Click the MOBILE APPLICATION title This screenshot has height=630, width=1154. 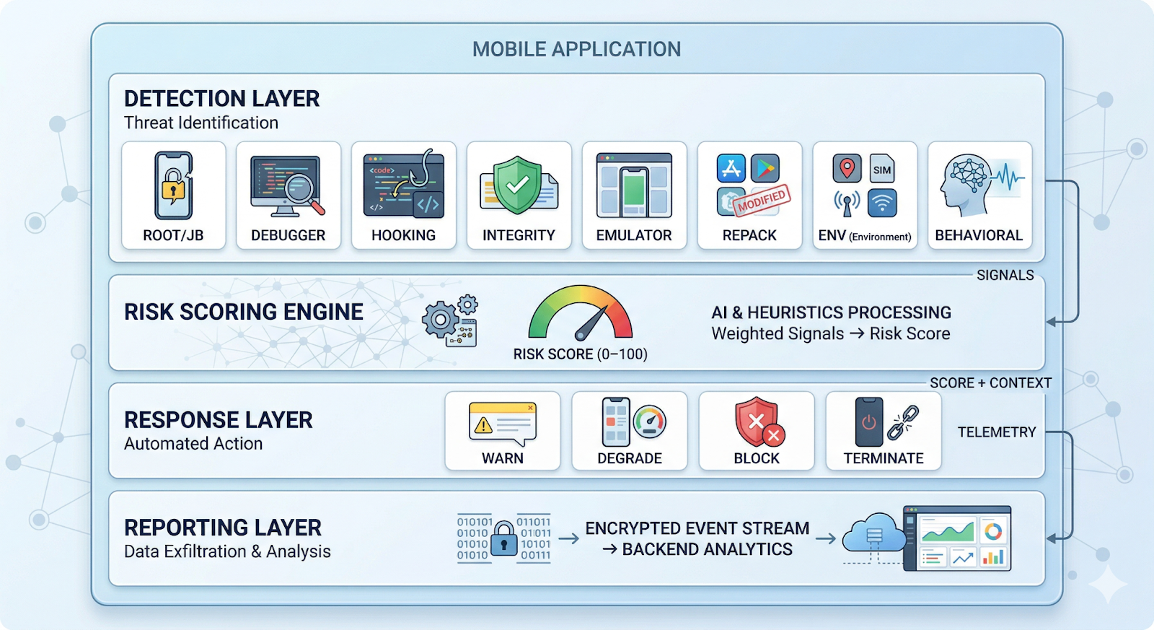tap(576, 49)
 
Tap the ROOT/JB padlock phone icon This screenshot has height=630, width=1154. tap(173, 185)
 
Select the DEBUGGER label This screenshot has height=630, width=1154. tap(288, 235)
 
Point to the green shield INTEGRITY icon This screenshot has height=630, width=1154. tap(517, 185)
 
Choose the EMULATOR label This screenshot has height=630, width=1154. tap(633, 235)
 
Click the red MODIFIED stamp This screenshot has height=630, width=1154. tap(762, 201)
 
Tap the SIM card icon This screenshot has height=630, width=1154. tap(881, 169)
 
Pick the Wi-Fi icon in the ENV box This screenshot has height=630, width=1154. tap(881, 203)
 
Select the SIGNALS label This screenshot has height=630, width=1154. tap(1005, 275)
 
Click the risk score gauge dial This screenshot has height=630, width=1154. tap(581, 315)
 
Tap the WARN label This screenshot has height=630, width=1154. tap(502, 458)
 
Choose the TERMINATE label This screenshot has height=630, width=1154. tap(883, 458)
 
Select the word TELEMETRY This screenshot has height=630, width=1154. tap(996, 432)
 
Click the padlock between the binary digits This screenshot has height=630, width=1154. tap(503, 538)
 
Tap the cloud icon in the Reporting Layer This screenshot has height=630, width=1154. tap(873, 535)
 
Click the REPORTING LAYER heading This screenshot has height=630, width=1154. tap(222, 528)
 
